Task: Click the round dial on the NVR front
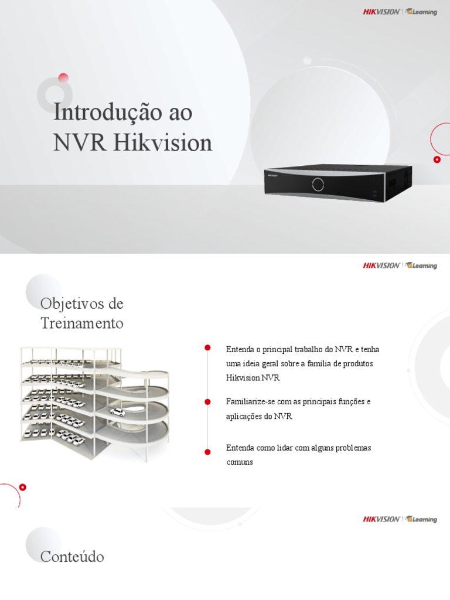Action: click(x=318, y=183)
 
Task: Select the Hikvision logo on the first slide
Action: click(x=381, y=12)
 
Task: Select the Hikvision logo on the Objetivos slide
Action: click(x=381, y=265)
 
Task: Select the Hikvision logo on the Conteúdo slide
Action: click(x=381, y=519)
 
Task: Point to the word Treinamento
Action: click(x=82, y=323)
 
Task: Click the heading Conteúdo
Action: click(x=72, y=557)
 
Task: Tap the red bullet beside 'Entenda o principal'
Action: click(x=207, y=348)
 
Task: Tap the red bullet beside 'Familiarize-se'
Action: click(x=207, y=401)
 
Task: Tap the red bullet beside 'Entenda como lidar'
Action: click(x=207, y=452)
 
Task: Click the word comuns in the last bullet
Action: click(x=240, y=462)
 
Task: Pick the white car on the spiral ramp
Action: click(x=118, y=412)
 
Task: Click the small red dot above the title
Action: click(x=63, y=77)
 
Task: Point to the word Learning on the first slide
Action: click(x=423, y=12)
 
